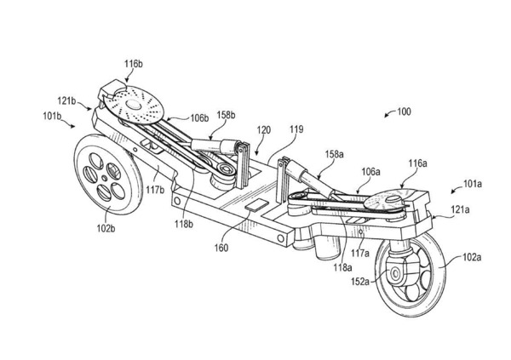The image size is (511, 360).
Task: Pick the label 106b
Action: click(x=200, y=118)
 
